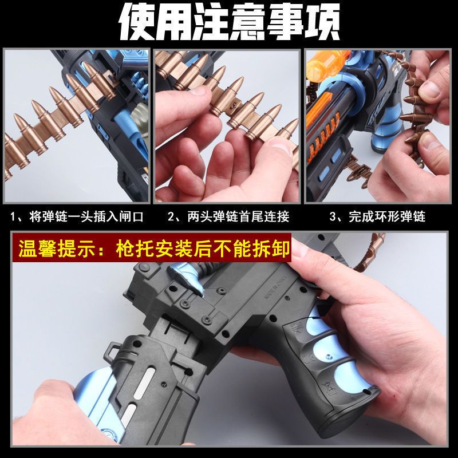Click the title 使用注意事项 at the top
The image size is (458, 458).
pos(230,21)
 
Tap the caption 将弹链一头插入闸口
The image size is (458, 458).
pos(86,217)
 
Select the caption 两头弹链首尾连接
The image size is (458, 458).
pos(238,217)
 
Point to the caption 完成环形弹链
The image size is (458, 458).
pos(387,217)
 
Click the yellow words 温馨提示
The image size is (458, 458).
pos(58,248)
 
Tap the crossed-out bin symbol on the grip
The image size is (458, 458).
pos(326,388)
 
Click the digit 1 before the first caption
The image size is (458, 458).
pos(13,217)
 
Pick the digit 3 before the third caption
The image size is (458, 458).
pos(333,217)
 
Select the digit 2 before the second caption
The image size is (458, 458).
pos(171,217)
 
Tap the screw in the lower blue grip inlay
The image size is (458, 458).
pos(329,357)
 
